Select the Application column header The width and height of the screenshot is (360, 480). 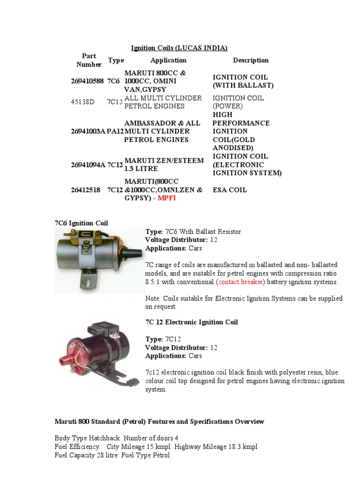click(x=168, y=60)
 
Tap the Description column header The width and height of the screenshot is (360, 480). click(x=251, y=60)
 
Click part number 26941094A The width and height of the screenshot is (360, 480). click(x=88, y=165)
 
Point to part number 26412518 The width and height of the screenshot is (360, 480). click(x=86, y=190)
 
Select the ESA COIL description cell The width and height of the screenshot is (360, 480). click(x=230, y=190)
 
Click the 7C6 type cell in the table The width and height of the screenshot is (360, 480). click(x=113, y=81)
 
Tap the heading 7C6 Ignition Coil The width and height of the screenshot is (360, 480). click(x=82, y=223)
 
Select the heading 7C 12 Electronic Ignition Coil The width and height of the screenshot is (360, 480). click(x=192, y=322)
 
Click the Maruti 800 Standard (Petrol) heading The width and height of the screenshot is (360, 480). click(x=159, y=421)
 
